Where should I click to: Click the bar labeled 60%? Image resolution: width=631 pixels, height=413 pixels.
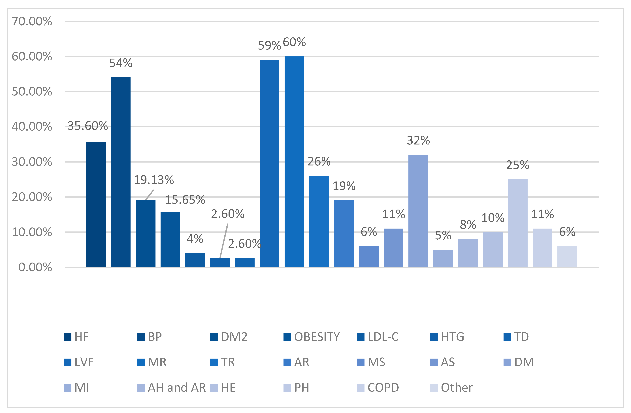pos(294,161)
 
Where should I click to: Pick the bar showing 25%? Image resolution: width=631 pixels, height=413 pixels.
pos(517,223)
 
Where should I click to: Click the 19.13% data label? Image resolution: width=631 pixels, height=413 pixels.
pos(154,180)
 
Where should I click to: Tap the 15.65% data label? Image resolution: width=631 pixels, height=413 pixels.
pos(185,200)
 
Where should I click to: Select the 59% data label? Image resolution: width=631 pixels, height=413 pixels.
pos(269,46)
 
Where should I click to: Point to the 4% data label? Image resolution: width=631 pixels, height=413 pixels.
pos(195,239)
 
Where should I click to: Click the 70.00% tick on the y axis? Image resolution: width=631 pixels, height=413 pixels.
pos(32,21)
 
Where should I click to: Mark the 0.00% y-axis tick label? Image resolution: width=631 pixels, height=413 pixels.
pos(35,267)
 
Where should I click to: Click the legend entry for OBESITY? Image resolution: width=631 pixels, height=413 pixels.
pos(312,337)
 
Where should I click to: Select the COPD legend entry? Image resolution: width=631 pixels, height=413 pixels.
pos(378,388)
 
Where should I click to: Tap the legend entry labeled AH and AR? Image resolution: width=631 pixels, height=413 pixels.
pos(171,388)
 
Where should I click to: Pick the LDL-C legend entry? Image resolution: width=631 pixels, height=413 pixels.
pos(378,337)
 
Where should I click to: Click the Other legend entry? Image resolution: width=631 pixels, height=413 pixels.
pos(451,388)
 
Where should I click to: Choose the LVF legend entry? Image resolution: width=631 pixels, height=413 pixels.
pos(79,362)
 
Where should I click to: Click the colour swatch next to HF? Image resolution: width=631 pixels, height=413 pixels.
pos(68,337)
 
